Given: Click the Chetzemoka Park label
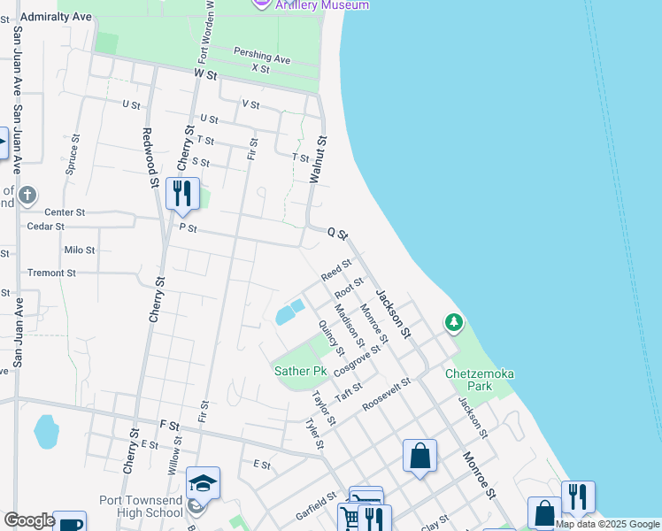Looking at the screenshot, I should click(x=480, y=380).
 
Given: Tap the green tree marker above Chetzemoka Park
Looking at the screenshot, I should click(x=454, y=323).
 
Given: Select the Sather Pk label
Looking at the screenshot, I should click(x=301, y=371).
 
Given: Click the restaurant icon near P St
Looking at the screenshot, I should click(x=182, y=195).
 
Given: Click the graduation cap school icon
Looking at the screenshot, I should click(x=203, y=483).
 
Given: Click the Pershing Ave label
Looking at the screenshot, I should click(x=262, y=56).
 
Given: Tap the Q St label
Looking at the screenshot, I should click(x=337, y=233).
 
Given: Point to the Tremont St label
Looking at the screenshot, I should click(x=51, y=273).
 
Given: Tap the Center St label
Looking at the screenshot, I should click(x=65, y=212).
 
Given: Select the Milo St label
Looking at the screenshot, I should click(x=79, y=250).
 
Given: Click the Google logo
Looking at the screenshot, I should click(x=29, y=520).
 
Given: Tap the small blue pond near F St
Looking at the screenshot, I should click(x=44, y=433).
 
